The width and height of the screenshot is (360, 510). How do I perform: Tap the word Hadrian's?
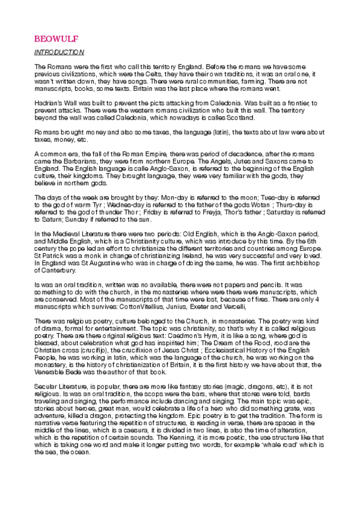click(49, 103)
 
